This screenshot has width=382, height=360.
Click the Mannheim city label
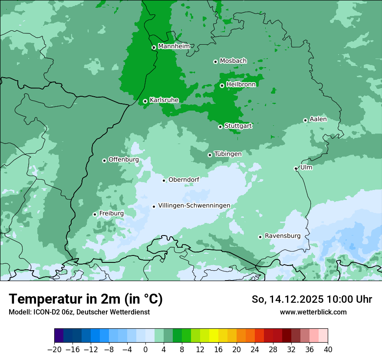(174, 46)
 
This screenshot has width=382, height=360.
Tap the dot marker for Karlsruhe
(145, 101)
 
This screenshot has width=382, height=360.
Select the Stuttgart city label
(238, 126)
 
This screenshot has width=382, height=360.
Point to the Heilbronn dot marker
(222, 85)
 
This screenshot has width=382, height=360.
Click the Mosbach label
(233, 61)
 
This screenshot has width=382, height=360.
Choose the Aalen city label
(318, 119)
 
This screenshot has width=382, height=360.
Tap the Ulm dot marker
(296, 168)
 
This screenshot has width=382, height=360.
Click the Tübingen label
(228, 154)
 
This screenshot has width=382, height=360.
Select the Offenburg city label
(124, 160)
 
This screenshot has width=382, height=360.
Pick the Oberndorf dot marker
(164, 180)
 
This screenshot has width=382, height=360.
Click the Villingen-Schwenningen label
(194, 206)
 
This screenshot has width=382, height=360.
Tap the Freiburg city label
(112, 213)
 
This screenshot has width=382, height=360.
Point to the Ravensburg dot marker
(260, 237)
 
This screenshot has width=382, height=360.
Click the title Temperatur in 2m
(86, 299)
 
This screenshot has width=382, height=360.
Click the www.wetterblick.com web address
(313, 312)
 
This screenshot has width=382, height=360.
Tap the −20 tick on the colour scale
(55, 350)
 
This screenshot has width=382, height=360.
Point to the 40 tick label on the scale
(328, 350)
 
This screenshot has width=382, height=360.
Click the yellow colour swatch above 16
(214, 336)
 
